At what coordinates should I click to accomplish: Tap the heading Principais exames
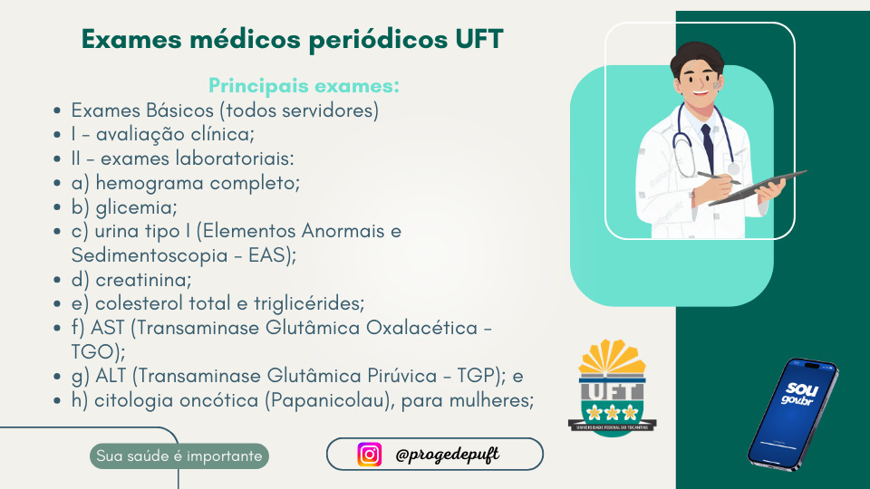coord(304,85)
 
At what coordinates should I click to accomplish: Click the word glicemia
coord(137,207)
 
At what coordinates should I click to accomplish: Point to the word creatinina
coord(143,280)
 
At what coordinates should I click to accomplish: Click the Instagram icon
coord(370,455)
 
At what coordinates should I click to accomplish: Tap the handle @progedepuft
coord(447,455)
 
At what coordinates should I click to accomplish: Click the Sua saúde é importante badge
coord(179,456)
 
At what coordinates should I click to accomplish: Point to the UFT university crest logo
coord(612,388)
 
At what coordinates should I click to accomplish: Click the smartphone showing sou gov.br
coord(794,414)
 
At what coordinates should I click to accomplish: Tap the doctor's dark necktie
coord(708,148)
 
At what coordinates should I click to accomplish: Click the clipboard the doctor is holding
coord(758,187)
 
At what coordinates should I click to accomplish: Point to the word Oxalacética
coord(421,328)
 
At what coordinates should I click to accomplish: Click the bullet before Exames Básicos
coord(57,110)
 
